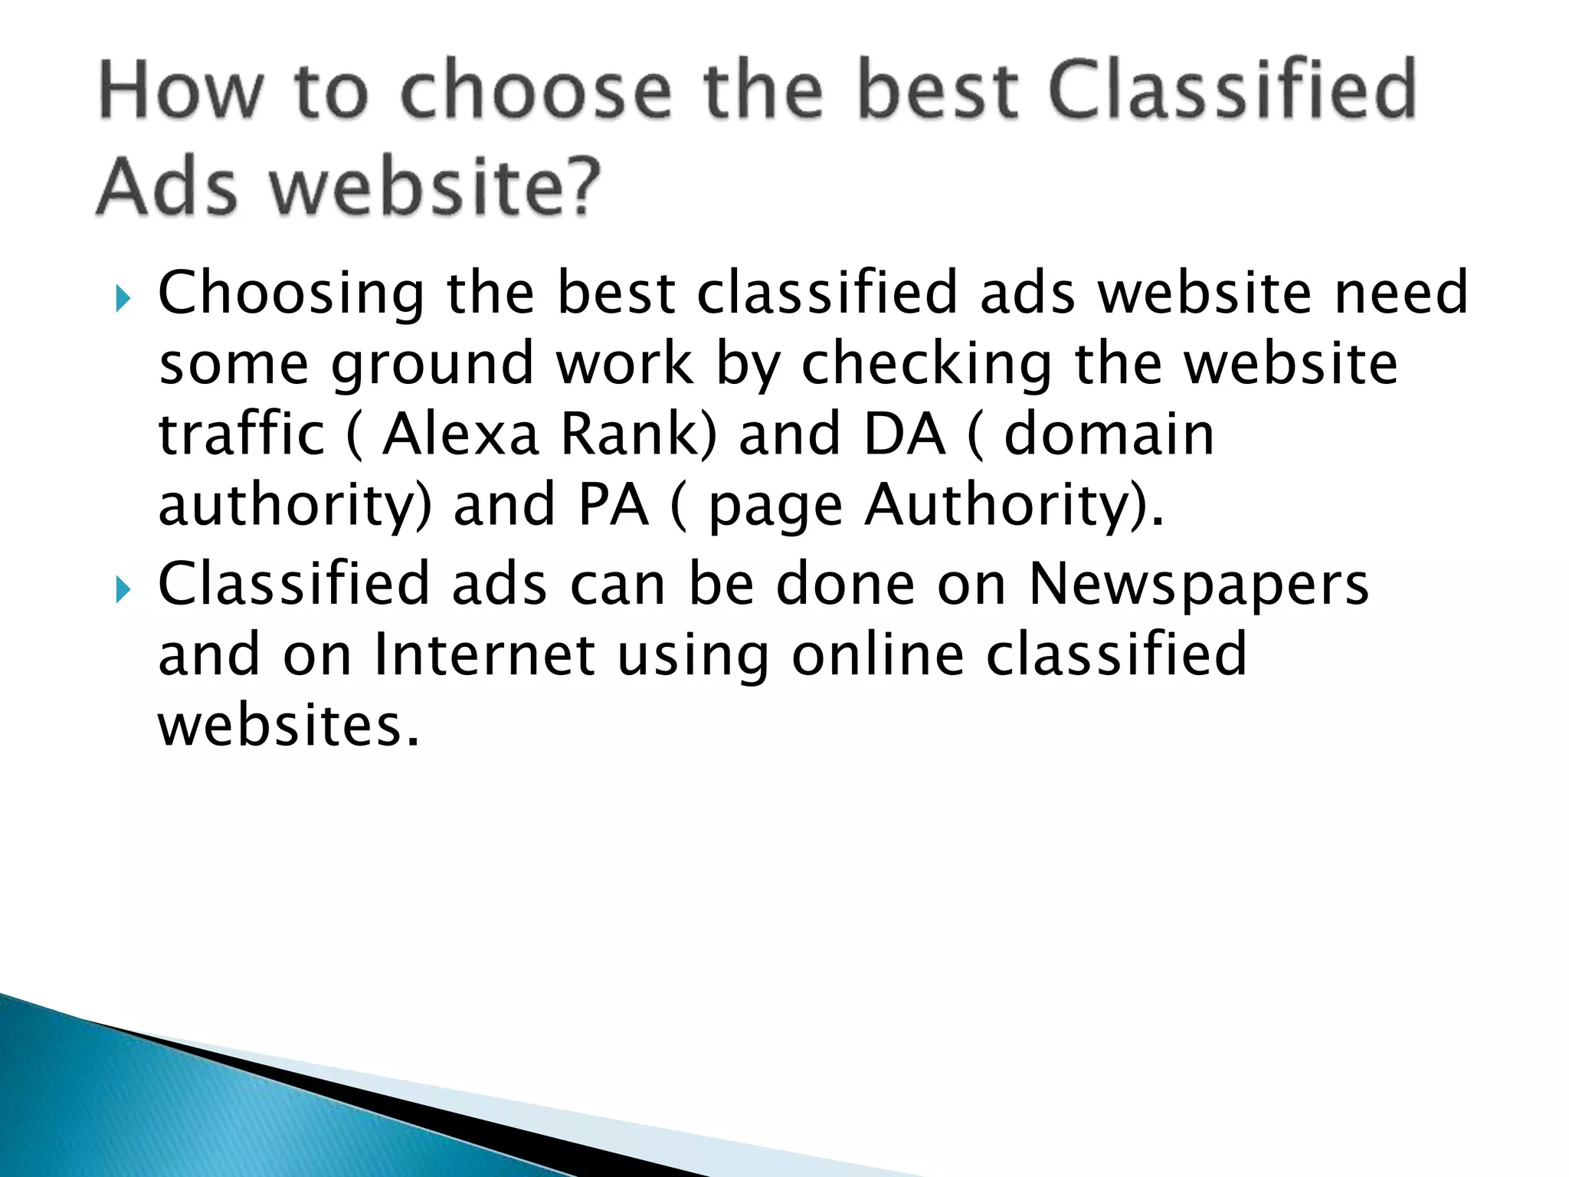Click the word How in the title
pos(179,91)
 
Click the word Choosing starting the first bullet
pos(291,293)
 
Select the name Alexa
pos(461,434)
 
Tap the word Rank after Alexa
pos(633,434)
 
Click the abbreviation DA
pos(904,434)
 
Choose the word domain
pos(1109,434)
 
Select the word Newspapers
pos(1198,585)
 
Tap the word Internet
pos(484,655)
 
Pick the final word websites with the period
pos(289,726)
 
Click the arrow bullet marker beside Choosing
pos(123,297)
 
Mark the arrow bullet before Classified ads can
pos(123,589)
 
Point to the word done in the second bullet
pos(845,585)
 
